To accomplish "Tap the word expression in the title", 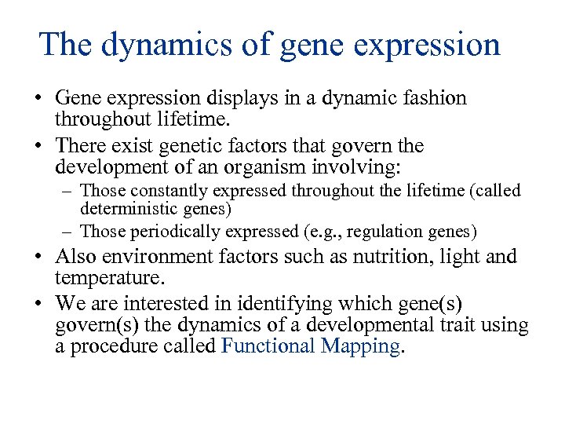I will pos(427,46).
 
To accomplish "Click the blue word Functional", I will pos(268,346).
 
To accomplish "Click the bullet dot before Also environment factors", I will pos(38,257).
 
